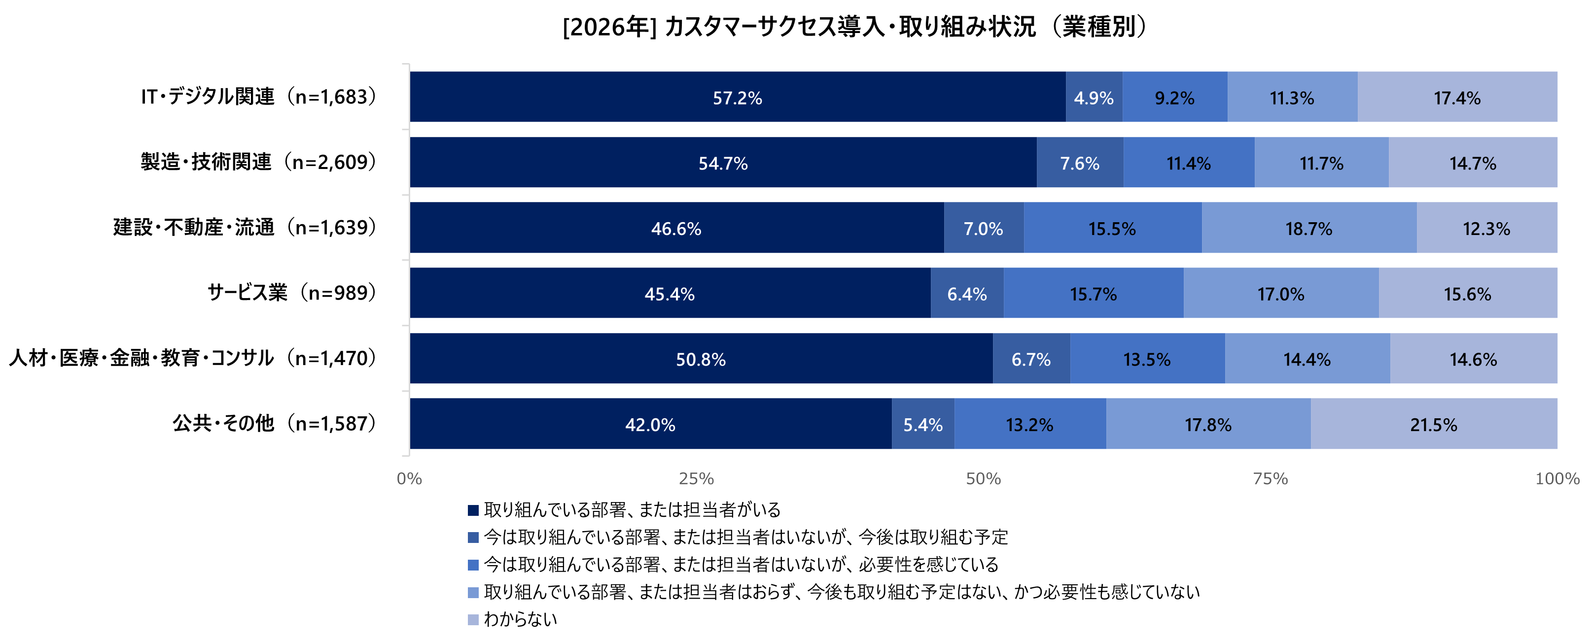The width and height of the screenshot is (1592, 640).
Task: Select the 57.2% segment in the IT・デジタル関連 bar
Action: tap(737, 98)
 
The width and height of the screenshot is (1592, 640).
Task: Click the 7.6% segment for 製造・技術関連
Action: tap(1080, 163)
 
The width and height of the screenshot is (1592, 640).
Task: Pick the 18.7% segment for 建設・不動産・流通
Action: tap(1309, 229)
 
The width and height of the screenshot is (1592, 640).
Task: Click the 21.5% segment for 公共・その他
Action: tap(1433, 424)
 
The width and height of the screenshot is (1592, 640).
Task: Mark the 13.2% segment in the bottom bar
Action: tap(1029, 424)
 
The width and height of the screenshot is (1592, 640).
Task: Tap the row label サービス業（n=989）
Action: tap(292, 293)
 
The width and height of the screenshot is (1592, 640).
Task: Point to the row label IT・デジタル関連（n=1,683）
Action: tap(258, 97)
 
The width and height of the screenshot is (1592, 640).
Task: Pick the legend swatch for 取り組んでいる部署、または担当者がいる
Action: tap(473, 510)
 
